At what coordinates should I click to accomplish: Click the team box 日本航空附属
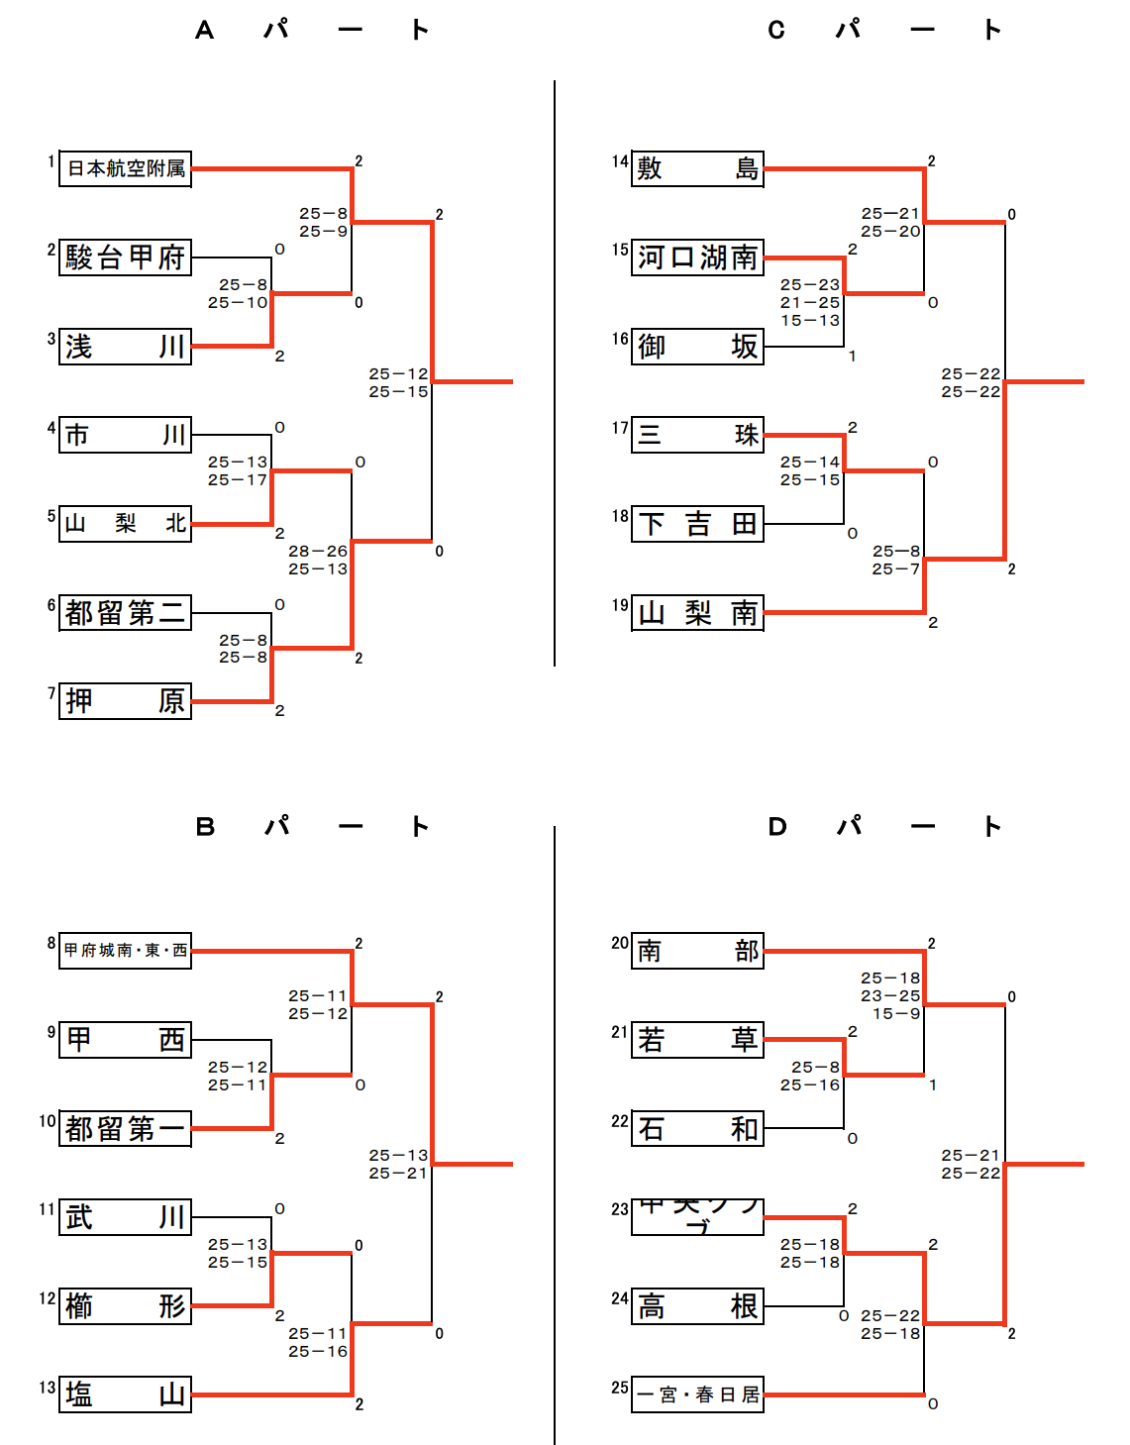(125, 169)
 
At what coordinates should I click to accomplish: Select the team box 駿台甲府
(125, 258)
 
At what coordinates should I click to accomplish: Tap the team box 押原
(125, 701)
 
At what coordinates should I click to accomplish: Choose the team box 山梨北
(125, 523)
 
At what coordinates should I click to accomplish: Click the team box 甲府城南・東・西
(125, 951)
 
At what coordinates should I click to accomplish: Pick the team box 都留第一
(125, 1128)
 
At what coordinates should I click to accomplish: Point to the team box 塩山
(125, 1394)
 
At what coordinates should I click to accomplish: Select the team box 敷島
(697, 169)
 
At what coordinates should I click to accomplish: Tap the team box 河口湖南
(697, 258)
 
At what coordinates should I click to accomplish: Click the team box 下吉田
(697, 523)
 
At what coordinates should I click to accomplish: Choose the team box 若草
(697, 1040)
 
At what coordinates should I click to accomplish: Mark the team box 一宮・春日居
(697, 1394)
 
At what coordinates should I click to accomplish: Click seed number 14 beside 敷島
(620, 161)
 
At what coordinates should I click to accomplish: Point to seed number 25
(620, 1388)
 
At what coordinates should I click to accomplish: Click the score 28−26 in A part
(318, 552)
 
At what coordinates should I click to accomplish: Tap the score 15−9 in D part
(896, 1014)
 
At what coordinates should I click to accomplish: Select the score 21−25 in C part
(810, 303)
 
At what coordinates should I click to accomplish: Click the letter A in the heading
(204, 31)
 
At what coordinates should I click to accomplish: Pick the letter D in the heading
(777, 827)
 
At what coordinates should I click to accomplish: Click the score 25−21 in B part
(398, 1174)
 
